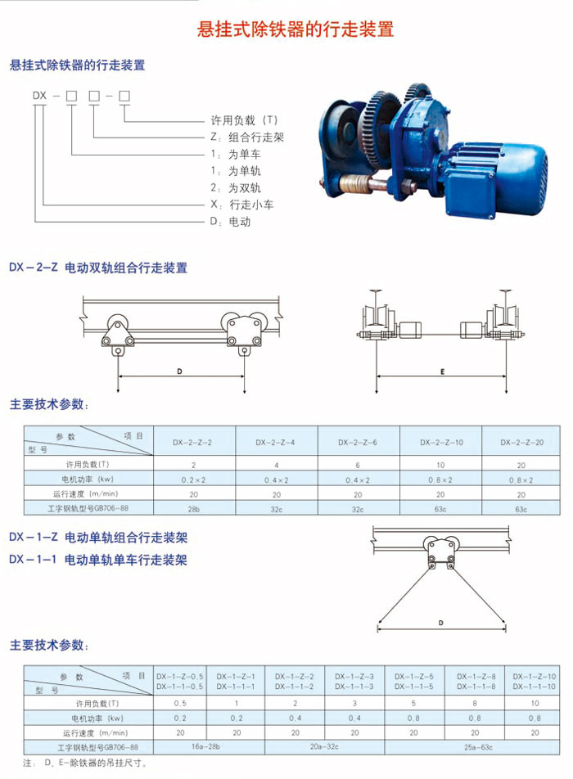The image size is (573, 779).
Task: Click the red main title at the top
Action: (x=296, y=29)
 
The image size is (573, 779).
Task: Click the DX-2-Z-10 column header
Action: (x=441, y=442)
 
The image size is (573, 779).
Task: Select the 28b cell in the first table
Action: (x=194, y=509)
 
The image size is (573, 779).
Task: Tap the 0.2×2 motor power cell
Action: (x=194, y=480)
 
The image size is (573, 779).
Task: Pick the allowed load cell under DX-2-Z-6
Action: (x=358, y=466)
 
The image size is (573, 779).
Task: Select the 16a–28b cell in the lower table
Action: (x=205, y=746)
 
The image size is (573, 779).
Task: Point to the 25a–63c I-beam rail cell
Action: (x=478, y=747)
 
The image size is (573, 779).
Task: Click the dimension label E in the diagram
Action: (x=442, y=371)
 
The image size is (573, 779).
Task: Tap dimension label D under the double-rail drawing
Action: (x=179, y=371)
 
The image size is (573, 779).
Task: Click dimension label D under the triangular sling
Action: (x=441, y=623)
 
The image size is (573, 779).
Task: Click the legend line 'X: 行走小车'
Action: (x=242, y=205)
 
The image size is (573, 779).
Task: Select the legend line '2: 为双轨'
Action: (x=236, y=188)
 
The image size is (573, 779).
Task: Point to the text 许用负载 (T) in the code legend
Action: (x=244, y=120)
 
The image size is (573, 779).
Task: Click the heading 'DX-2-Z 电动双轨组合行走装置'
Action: (x=98, y=268)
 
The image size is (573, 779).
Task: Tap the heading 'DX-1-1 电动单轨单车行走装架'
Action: (x=98, y=560)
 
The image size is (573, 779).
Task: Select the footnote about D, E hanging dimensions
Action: (x=85, y=763)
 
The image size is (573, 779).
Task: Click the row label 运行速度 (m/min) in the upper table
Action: (x=85, y=494)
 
